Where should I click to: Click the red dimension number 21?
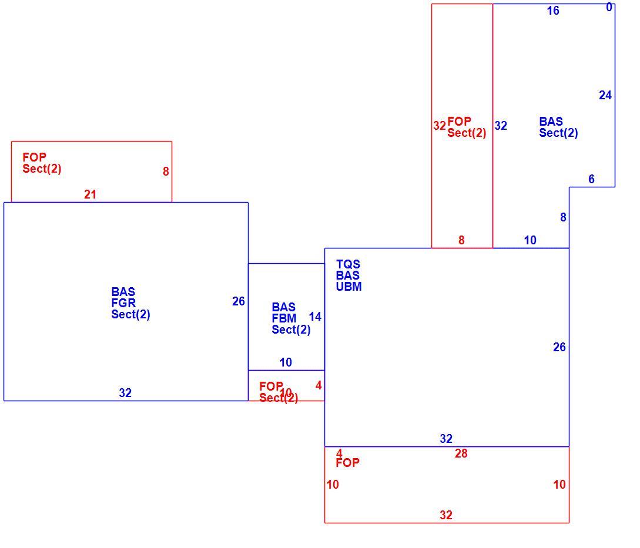90,194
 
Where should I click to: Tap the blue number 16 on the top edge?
553,11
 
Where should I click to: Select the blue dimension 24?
605,95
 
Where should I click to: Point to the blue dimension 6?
591,179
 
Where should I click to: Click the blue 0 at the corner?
609,7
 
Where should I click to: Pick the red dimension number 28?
461,453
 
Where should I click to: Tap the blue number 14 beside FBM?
315,316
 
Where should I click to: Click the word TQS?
348,264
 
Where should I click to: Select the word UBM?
349,287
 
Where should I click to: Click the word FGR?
123,302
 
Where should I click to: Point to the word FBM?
284,318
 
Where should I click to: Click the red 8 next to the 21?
166,172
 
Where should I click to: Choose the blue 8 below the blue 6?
563,217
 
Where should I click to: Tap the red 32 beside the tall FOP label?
440,125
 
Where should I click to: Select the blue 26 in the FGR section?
239,301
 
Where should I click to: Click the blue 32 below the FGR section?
125,392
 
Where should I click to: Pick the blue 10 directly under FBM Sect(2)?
286,362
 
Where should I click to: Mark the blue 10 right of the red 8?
530,240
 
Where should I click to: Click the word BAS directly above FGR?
123,292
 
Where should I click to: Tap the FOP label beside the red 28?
348,462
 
